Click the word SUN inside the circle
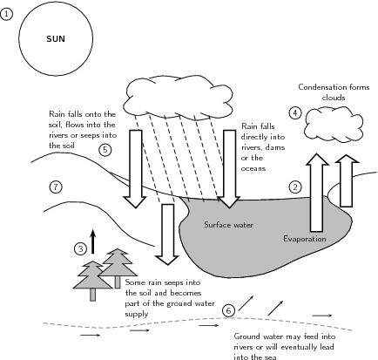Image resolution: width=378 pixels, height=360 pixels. click(x=56, y=39)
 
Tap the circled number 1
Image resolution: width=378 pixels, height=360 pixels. click(x=6, y=14)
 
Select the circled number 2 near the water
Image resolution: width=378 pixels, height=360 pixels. click(x=295, y=187)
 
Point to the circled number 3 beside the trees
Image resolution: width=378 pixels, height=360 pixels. click(x=81, y=248)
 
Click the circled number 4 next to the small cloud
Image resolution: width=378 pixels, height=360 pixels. click(x=295, y=112)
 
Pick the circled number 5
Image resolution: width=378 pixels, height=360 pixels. click(x=105, y=150)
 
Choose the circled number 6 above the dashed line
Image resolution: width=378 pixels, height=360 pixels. click(x=229, y=311)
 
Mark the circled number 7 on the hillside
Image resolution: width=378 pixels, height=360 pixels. click(x=56, y=187)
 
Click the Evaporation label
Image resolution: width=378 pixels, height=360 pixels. click(x=305, y=239)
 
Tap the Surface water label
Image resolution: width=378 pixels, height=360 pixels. click(x=228, y=225)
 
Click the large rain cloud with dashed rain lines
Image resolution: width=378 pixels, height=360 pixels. click(x=179, y=98)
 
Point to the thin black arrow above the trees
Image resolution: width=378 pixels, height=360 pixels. click(x=93, y=241)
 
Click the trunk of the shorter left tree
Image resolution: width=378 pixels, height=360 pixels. click(x=92, y=295)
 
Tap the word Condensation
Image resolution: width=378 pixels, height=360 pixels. click(x=322, y=87)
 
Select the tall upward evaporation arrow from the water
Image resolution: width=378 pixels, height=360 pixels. click(x=317, y=193)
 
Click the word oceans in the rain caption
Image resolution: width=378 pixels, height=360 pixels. click(x=253, y=168)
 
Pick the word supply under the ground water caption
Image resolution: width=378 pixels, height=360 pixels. click(x=137, y=315)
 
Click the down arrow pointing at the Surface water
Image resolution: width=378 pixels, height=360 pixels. click(x=229, y=169)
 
